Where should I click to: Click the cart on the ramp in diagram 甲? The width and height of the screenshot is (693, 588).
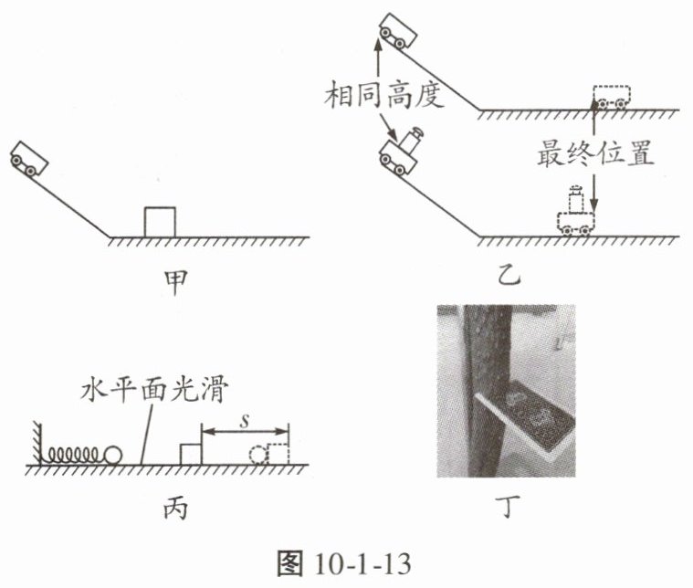point(29,158)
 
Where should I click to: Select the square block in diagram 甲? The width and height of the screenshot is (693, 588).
point(160,223)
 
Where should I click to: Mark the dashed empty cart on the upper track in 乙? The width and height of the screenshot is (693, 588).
point(611,95)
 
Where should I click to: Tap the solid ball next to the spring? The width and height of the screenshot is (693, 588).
point(114,454)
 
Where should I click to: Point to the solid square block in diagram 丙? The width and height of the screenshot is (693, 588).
point(191,453)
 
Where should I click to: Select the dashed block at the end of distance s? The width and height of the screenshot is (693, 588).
point(277,454)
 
